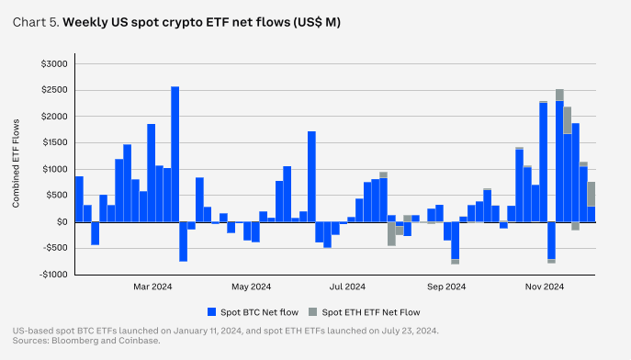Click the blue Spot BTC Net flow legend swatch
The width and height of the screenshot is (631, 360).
pyautogui.click(x=211, y=311)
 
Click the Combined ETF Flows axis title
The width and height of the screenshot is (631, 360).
pyautogui.click(x=17, y=169)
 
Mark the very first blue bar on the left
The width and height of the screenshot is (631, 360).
pyautogui.click(x=79, y=198)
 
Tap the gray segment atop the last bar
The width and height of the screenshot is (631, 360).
pyautogui.click(x=592, y=194)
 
